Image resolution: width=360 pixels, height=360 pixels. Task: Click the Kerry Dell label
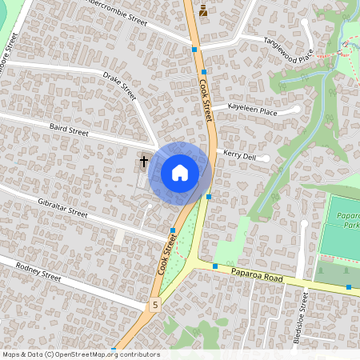point(239,157)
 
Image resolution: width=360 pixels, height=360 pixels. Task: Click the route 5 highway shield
point(155,304)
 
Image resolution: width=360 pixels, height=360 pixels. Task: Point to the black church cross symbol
point(145,162)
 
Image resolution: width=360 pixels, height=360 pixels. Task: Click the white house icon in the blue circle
point(180,173)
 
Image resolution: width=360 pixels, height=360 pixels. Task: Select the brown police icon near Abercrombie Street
point(202,11)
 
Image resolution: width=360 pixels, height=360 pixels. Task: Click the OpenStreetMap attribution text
point(81,354)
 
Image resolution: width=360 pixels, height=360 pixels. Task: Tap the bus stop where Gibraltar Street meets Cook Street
point(173,230)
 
